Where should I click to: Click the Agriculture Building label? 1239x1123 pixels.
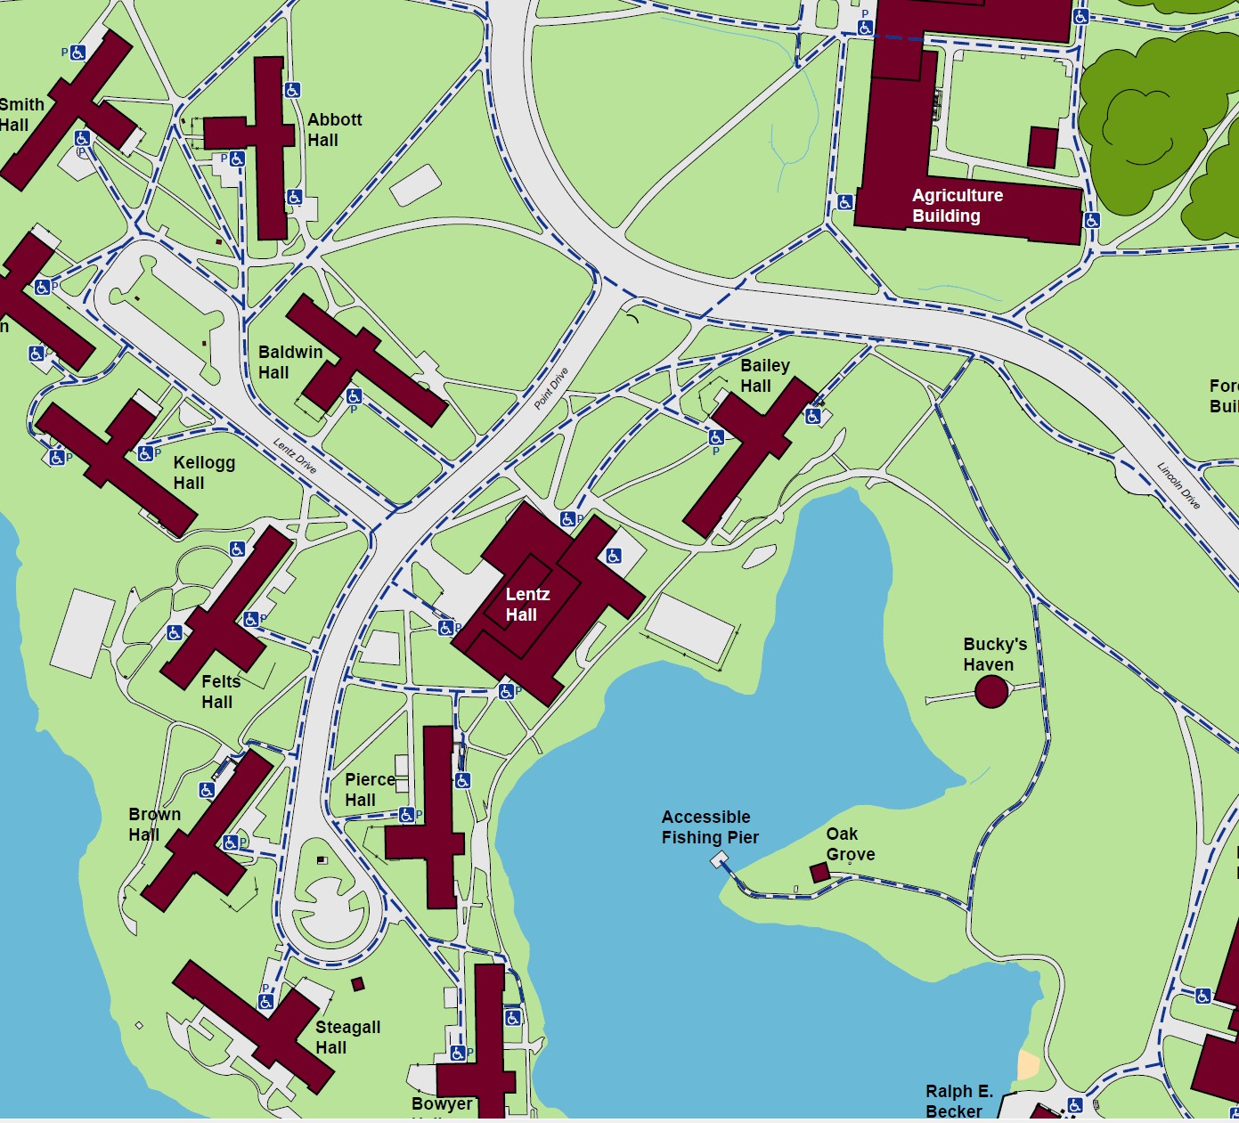click(957, 206)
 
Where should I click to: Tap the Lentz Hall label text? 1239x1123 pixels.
click(527, 605)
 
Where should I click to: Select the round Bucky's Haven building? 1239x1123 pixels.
click(991, 691)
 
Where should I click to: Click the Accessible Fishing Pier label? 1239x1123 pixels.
click(710, 827)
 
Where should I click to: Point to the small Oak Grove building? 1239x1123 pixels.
click(819, 872)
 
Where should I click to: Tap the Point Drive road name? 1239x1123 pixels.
click(550, 388)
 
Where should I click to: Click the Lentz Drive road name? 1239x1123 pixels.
click(295, 457)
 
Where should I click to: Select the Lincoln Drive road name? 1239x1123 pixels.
click(1178, 485)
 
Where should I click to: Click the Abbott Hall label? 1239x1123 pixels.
click(334, 130)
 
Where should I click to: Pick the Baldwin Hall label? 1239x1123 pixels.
click(289, 362)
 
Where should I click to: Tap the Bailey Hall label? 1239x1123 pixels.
click(764, 376)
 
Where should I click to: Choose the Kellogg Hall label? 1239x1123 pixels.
click(204, 473)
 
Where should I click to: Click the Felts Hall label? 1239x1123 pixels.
click(220, 692)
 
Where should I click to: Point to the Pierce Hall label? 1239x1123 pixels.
click(369, 790)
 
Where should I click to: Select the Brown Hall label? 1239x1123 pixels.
click(154, 825)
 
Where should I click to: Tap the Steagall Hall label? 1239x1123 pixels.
click(347, 1038)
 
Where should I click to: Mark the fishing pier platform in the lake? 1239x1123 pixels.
click(719, 859)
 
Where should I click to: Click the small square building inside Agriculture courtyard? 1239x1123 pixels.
click(1042, 147)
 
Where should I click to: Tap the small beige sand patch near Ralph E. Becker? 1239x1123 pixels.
click(1028, 1065)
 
